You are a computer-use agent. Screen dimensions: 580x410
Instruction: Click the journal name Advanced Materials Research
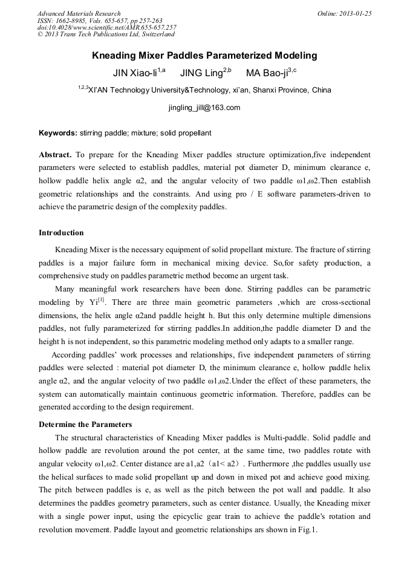tap(79, 13)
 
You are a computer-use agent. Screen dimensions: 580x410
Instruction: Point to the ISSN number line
tap(100, 21)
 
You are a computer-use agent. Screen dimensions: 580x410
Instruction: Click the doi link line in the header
tap(106, 28)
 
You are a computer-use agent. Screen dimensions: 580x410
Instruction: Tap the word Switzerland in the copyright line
tap(155, 35)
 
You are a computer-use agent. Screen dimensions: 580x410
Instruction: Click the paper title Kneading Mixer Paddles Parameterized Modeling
tap(204, 56)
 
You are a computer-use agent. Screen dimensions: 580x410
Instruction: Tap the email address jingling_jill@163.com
tap(204, 108)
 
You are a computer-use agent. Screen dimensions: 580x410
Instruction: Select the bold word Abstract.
tap(55, 154)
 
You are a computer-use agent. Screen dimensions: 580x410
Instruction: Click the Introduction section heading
tap(61, 233)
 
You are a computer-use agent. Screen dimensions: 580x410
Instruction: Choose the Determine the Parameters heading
tap(85, 424)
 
